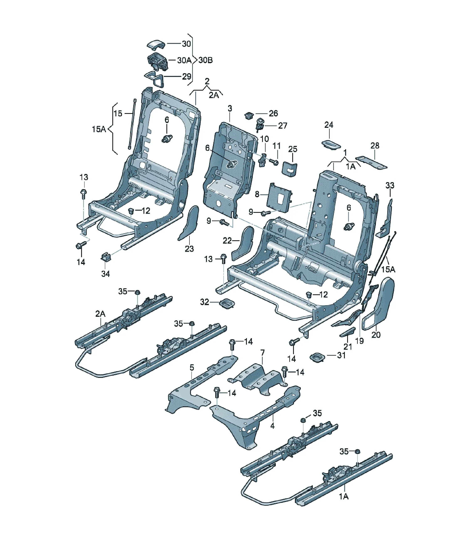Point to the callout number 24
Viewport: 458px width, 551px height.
329,125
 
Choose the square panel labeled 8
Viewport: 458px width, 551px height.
278,197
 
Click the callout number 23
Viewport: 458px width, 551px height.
189,249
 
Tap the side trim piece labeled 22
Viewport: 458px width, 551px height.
243,243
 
